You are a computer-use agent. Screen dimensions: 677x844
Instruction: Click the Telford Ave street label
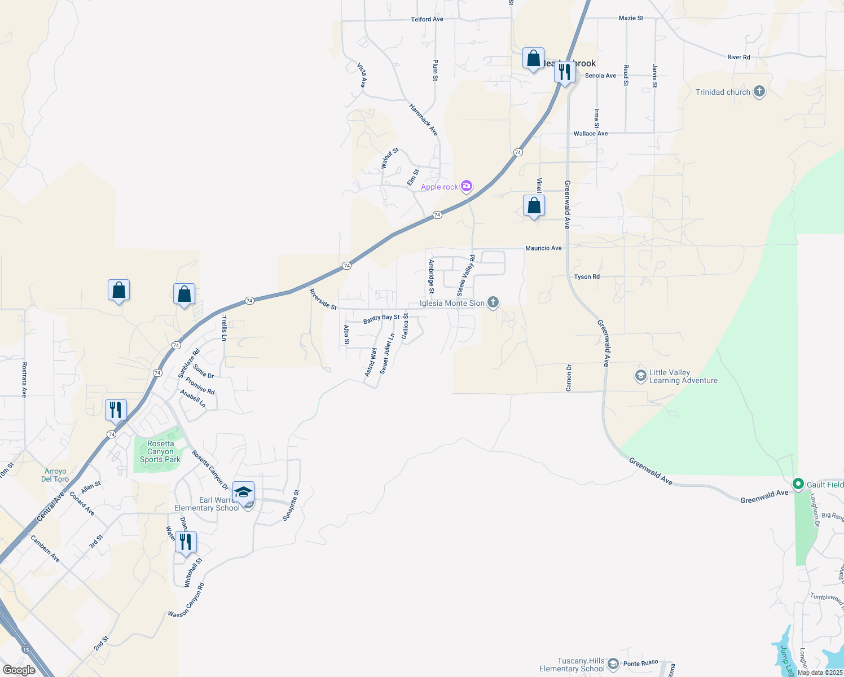click(x=427, y=19)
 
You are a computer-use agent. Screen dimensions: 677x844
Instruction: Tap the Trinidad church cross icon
click(x=759, y=92)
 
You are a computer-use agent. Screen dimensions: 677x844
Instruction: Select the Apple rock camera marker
click(x=466, y=186)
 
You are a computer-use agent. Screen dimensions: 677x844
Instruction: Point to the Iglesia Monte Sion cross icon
click(x=493, y=303)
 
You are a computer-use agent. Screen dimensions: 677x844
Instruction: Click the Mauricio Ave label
click(x=543, y=248)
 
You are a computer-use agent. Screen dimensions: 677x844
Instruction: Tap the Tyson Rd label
click(x=587, y=277)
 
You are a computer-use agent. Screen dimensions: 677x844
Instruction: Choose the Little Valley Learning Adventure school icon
click(x=640, y=376)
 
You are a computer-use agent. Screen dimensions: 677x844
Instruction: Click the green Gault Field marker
click(x=798, y=484)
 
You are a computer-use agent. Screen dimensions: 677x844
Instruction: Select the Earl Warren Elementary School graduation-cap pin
click(x=244, y=493)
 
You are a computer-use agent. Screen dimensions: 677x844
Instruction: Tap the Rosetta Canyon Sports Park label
click(x=160, y=452)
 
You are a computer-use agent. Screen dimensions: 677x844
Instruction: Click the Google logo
click(x=19, y=670)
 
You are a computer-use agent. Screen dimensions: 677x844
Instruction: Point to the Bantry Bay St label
click(x=381, y=318)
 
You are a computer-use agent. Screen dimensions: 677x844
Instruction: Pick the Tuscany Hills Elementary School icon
click(x=613, y=664)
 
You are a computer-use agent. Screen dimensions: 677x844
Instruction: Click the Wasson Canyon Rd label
click(x=186, y=600)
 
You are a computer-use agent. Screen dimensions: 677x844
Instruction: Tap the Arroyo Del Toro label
click(x=55, y=475)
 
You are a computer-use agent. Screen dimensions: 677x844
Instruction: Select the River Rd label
click(x=738, y=58)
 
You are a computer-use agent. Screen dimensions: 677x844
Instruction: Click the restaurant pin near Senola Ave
click(x=565, y=72)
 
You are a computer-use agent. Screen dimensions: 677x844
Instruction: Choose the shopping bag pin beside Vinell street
click(x=534, y=206)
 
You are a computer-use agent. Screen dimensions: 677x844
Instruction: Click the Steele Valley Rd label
click(x=466, y=275)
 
